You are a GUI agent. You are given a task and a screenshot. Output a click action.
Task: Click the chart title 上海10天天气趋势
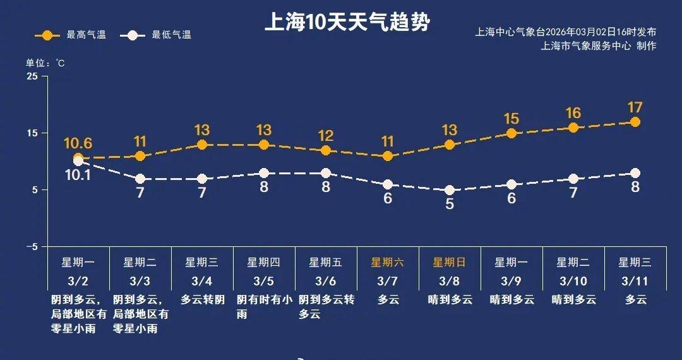tap(347, 23)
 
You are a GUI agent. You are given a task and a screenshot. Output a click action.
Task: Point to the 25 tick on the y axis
tap(32, 76)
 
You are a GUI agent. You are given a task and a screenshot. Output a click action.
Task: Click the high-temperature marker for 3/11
tap(635, 122)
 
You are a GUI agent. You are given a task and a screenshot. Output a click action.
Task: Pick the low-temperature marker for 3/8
tap(450, 190)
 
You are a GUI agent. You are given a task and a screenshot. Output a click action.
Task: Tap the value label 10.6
tap(78, 143)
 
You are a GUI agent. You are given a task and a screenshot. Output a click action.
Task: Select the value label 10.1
tap(78, 175)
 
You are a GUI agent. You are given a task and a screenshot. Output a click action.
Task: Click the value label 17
tap(635, 107)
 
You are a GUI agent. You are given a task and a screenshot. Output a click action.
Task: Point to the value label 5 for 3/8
tap(450, 205)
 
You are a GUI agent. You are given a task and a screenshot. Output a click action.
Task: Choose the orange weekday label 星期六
tap(388, 263)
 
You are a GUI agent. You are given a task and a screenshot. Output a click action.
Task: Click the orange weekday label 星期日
tap(450, 263)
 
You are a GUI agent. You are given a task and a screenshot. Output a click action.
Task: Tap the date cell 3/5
tap(264, 280)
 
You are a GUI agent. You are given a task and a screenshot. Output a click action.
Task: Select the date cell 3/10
tap(573, 280)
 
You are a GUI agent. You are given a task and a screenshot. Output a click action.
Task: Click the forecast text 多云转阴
tap(202, 300)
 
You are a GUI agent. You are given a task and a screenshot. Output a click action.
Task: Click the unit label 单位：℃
tap(45, 63)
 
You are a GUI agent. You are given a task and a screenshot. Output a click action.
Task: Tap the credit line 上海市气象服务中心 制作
tap(599, 46)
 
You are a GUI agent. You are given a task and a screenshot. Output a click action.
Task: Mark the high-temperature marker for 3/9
tap(512, 133)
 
